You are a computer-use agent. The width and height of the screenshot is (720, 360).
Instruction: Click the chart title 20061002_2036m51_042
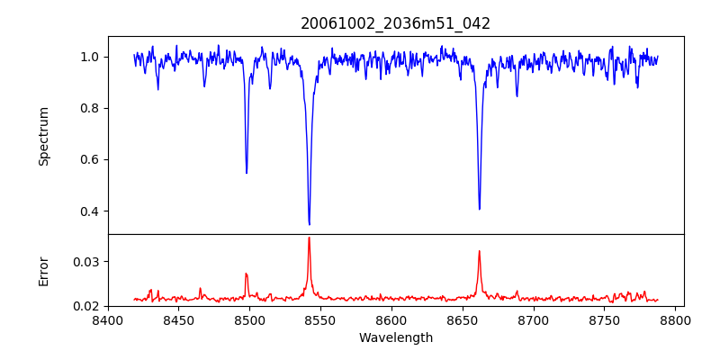(x=395, y=23)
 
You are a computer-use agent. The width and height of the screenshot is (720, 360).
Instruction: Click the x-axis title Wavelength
(x=395, y=338)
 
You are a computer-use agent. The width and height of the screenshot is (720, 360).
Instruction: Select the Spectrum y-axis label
(x=44, y=136)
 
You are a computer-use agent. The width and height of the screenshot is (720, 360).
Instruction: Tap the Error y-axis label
(x=44, y=270)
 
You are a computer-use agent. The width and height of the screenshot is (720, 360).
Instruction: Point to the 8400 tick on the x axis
(x=108, y=319)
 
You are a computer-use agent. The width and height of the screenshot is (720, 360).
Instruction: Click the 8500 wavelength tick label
(x=249, y=319)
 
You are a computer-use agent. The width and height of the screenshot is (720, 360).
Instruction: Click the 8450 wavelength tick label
(x=178, y=319)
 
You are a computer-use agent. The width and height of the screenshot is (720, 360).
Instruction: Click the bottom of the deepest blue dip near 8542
(x=309, y=224)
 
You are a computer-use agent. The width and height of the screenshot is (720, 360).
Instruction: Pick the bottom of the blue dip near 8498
(x=247, y=173)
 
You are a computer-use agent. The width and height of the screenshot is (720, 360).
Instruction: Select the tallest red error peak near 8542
(x=309, y=238)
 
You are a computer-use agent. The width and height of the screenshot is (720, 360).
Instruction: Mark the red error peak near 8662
(x=479, y=251)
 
